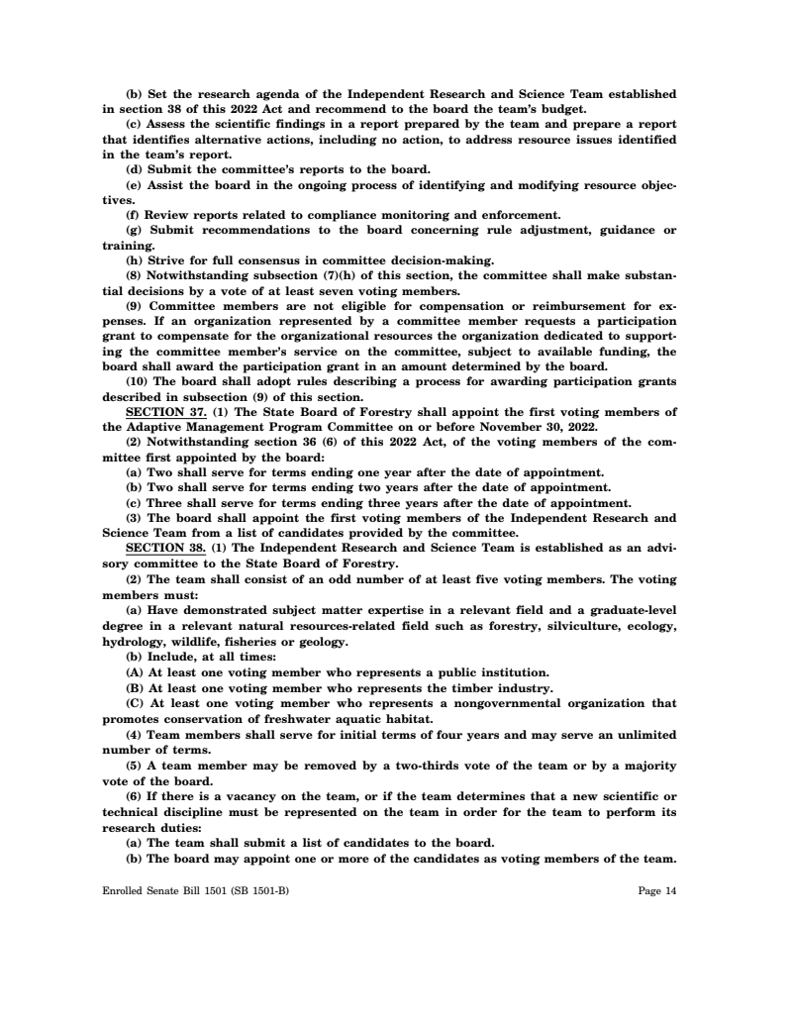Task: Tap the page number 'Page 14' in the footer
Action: [657, 890]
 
